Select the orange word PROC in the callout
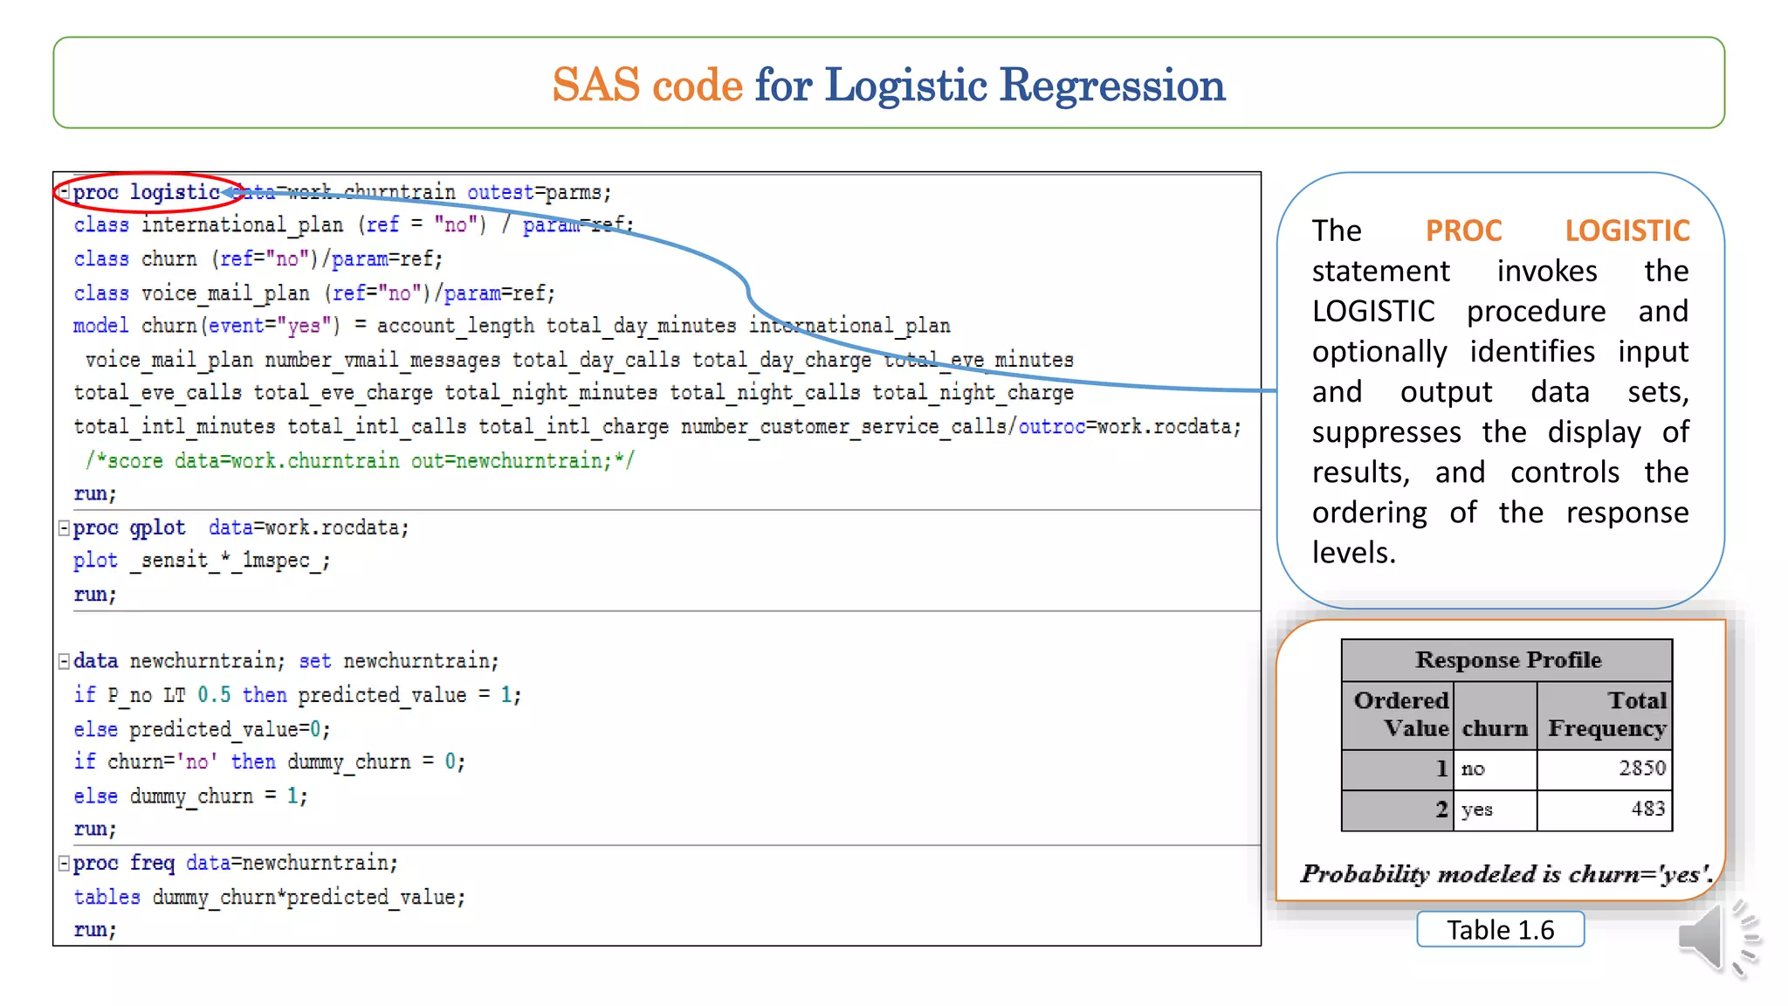1463,231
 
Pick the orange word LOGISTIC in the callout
1626,231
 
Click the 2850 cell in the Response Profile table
1641,768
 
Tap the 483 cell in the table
1647,809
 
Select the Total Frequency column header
1606,714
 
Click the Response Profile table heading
1508,660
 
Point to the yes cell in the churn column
1477,810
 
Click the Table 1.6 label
1500,930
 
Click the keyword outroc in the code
1051,427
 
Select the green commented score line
360,461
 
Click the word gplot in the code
157,527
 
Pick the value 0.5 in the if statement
214,695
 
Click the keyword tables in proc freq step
107,897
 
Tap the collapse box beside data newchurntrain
64,661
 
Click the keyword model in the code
100,326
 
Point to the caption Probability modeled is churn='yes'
1506,874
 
